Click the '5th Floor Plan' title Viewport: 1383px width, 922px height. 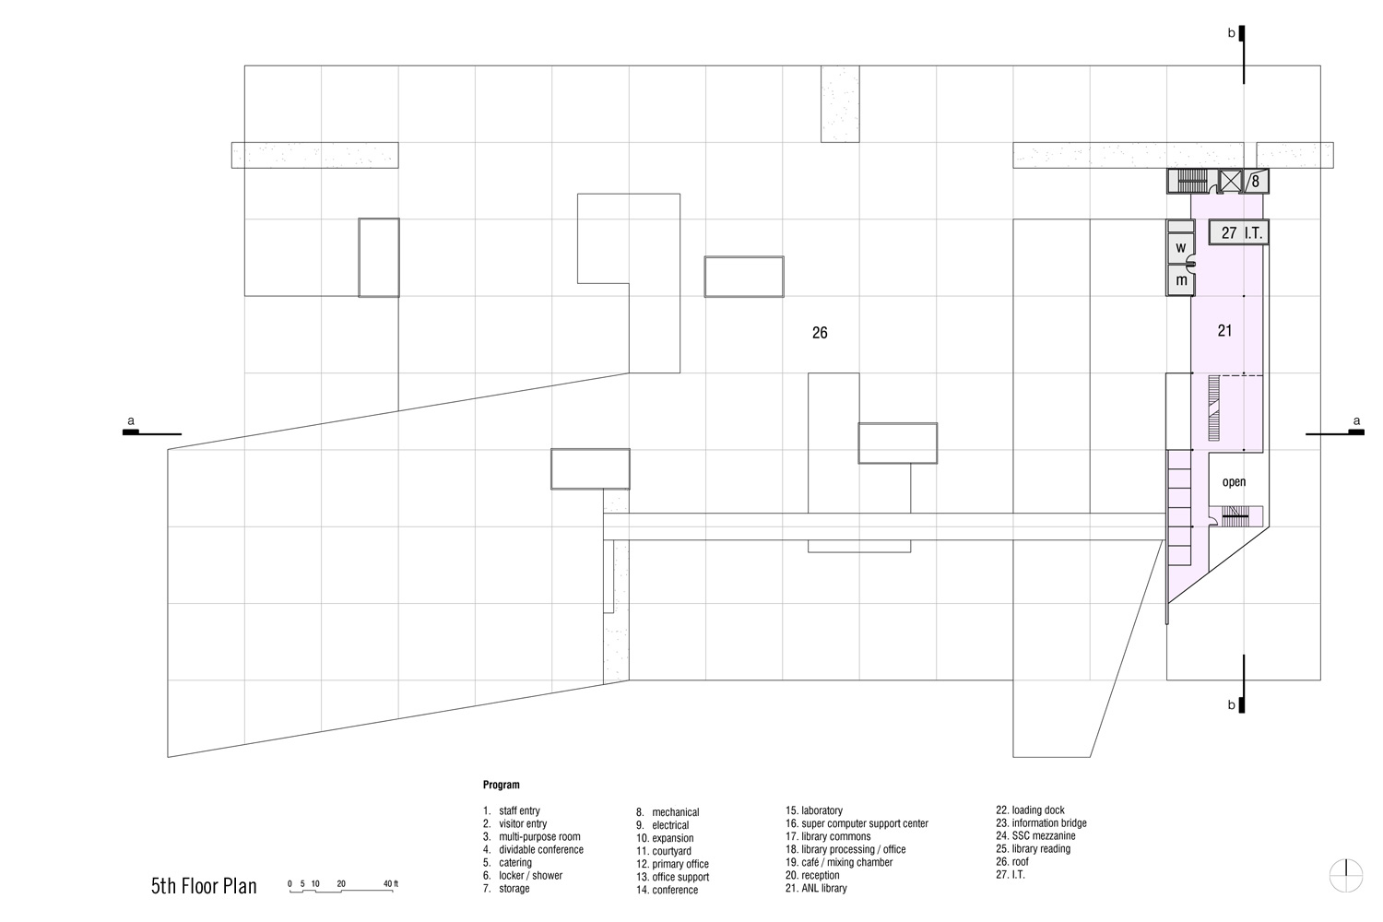(204, 886)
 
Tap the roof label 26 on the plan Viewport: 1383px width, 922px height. (820, 333)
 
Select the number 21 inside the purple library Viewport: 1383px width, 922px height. (1225, 331)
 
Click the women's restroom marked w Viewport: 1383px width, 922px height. (1180, 248)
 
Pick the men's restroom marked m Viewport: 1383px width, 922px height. (1180, 280)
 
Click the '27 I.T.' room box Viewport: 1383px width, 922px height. (1238, 233)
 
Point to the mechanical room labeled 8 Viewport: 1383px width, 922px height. (1256, 182)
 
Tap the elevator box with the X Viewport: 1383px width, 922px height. (1231, 182)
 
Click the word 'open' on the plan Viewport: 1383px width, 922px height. (1235, 482)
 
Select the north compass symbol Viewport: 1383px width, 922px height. (1346, 875)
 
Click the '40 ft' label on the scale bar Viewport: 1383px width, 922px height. (391, 883)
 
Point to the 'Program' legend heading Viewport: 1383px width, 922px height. (502, 785)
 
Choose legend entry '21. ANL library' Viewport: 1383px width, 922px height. (816, 888)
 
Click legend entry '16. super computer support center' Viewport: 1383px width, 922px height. (857, 823)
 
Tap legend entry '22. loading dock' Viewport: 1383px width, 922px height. (1031, 810)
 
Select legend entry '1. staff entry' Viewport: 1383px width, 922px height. (511, 810)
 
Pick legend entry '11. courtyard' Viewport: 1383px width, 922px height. (664, 851)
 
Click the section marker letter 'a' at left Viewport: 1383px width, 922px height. (131, 421)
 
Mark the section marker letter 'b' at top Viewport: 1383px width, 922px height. (1231, 33)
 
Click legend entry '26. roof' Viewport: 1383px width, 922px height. (1012, 861)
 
